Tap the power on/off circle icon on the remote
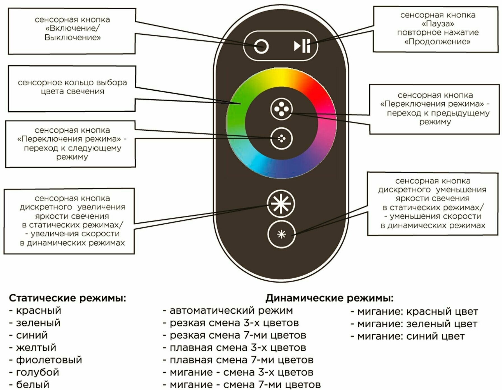pos(261,46)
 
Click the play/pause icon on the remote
pos(302,46)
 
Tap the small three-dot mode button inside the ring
pos(281,138)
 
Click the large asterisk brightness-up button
pos(281,204)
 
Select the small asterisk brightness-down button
pos(281,234)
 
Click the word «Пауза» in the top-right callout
pos(438,24)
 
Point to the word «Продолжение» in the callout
pos(437,42)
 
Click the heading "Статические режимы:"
pos(67,298)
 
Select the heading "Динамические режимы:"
pos(329,298)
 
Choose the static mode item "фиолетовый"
pos(49,360)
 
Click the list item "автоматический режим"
pos(231,310)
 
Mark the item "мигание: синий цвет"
pos(411,336)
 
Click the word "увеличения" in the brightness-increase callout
pos(101,207)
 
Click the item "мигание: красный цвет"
pos(417,311)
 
